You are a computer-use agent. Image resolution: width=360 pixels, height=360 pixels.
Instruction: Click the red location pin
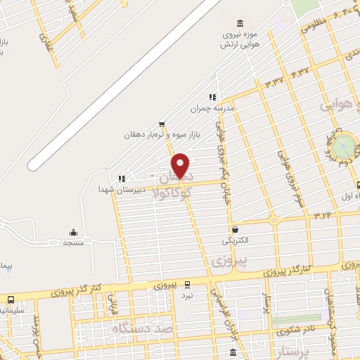[x=181, y=165]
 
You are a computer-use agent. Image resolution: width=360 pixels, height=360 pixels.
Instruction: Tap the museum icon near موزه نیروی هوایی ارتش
[x=241, y=24]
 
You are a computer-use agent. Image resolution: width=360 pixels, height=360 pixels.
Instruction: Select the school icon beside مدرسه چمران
[x=212, y=98]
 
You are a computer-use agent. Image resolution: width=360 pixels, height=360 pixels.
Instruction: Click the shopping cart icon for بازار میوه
[x=162, y=123]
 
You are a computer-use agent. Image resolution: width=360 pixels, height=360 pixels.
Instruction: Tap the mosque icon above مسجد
[x=73, y=232]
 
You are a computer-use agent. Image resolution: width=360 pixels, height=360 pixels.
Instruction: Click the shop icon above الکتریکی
[x=234, y=229]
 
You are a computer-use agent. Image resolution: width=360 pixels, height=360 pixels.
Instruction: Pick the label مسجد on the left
[x=73, y=243]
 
